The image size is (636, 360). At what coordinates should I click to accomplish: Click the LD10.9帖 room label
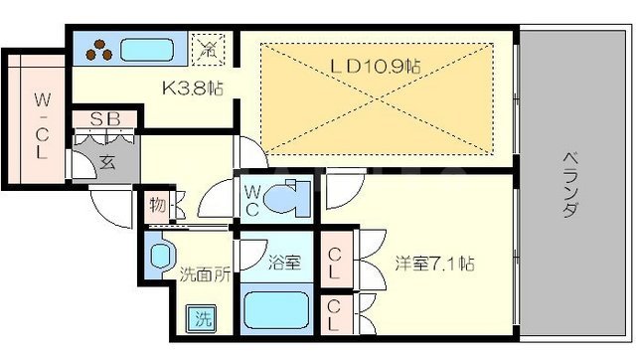point(377,67)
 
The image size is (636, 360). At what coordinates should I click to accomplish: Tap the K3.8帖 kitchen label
point(192,88)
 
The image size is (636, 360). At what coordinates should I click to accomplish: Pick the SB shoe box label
point(106,120)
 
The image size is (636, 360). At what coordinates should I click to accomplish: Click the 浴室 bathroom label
point(283,264)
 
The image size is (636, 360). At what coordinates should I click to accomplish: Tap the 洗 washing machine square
point(203,320)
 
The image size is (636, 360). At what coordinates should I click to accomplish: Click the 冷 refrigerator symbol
point(210,46)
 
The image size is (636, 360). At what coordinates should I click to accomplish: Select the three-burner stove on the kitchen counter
point(100,49)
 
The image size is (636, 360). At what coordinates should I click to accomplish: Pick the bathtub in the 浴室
point(279,310)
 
